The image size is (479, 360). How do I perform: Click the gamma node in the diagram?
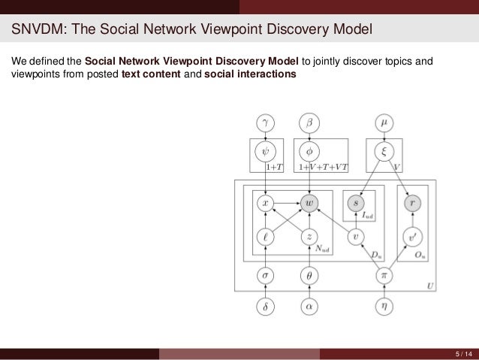(266, 120)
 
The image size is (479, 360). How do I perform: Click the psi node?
(266, 152)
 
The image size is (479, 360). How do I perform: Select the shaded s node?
(357, 202)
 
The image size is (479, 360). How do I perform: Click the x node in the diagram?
(266, 202)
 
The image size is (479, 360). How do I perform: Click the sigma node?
(266, 276)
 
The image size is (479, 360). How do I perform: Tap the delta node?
(266, 306)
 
